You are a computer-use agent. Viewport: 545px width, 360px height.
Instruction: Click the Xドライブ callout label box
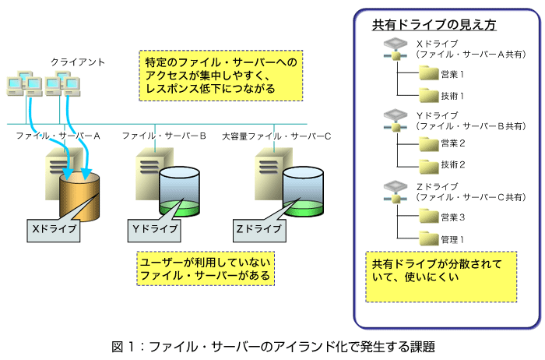[54, 231]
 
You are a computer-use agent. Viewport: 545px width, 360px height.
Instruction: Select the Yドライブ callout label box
[154, 231]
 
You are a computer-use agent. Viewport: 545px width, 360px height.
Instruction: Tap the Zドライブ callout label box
[259, 231]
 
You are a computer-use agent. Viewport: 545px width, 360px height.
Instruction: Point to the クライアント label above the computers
[78, 62]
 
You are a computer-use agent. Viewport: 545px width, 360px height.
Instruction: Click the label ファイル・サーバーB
[163, 136]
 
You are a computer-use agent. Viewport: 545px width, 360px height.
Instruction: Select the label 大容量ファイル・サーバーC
[276, 136]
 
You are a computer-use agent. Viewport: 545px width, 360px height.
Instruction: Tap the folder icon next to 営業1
[429, 73]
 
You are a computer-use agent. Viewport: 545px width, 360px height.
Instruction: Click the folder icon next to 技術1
[429, 95]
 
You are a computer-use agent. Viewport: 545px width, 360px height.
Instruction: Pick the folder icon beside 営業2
[429, 144]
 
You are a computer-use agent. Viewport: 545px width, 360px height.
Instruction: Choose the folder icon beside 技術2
[429, 166]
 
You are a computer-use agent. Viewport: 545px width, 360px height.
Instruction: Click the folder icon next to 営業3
[429, 216]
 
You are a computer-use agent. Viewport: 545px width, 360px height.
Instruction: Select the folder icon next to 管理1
[429, 238]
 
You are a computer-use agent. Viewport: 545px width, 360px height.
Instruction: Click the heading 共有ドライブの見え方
[434, 25]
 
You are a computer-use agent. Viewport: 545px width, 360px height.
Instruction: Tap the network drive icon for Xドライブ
[396, 49]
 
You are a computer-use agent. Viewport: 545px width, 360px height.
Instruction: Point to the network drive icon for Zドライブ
[396, 192]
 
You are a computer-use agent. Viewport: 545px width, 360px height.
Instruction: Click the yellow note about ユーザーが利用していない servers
[206, 269]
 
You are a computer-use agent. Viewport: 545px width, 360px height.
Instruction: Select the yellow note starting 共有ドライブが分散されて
[441, 277]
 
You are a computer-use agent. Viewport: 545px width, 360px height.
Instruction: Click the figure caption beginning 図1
[273, 347]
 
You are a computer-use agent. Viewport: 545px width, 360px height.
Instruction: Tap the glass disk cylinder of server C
[303, 192]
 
